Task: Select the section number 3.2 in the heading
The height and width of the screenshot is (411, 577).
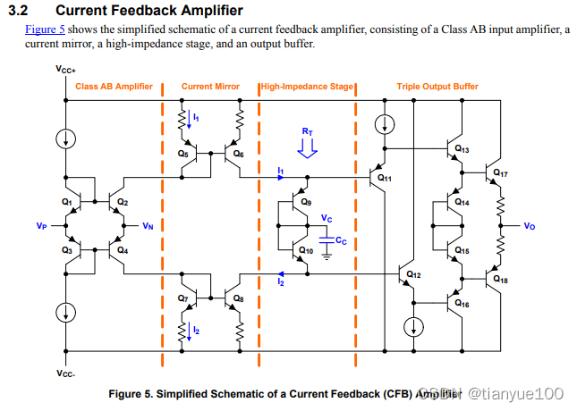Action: tap(19, 11)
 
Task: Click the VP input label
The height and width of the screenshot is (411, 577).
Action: tap(42, 226)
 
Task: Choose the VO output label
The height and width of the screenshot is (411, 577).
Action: tap(530, 226)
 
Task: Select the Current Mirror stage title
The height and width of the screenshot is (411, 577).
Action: tap(210, 87)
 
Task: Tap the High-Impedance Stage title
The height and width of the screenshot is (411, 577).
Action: tap(308, 87)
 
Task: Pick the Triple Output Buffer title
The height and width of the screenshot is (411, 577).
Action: tap(437, 87)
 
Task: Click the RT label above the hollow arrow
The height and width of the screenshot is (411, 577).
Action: tap(307, 131)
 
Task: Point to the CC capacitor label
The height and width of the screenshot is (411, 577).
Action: tap(341, 241)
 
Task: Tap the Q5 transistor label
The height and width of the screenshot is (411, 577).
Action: tap(182, 155)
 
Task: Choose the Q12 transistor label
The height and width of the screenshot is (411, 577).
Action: tap(412, 273)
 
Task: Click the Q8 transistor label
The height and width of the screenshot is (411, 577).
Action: tap(238, 298)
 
